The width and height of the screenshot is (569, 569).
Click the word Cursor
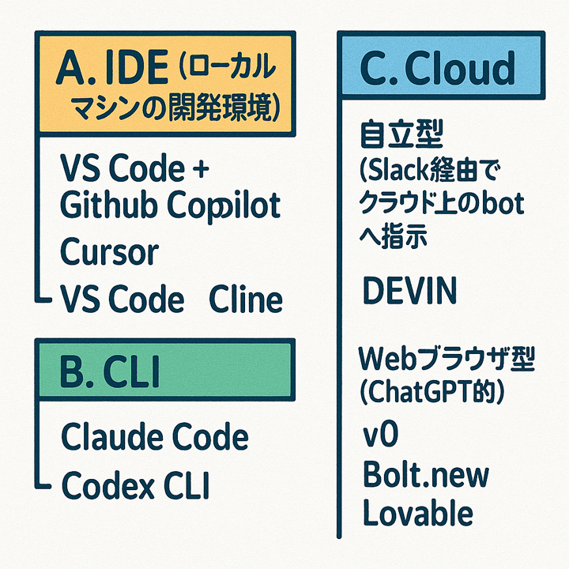coord(109,251)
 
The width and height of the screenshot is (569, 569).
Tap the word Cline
coord(246,299)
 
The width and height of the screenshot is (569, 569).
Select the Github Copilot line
coord(170,205)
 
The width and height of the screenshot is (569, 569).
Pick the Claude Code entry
coord(155,436)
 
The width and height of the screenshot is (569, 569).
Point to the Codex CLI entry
coord(135,484)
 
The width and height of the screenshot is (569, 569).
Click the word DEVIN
coord(409,290)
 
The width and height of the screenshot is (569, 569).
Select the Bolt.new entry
coord(426,474)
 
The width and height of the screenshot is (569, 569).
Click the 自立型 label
coord(401,134)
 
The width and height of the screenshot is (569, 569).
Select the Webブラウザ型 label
coord(447,360)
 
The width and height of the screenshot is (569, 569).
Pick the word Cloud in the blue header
coord(459,67)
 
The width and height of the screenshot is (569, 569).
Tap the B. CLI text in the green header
coord(109,371)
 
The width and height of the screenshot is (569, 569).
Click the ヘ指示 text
coord(393,236)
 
